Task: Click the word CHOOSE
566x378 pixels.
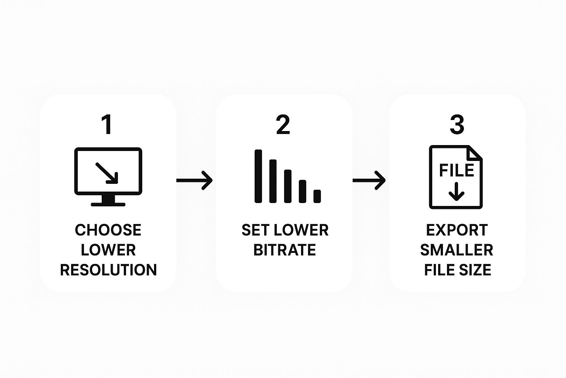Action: (108, 230)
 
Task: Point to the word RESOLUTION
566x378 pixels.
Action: (108, 270)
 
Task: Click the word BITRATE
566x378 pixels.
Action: (284, 250)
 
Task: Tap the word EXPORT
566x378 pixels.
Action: (457, 230)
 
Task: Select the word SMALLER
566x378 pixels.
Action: (457, 250)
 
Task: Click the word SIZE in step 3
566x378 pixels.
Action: (475, 270)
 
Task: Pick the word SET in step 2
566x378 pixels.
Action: (254, 230)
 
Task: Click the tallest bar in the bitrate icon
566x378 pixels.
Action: (258, 176)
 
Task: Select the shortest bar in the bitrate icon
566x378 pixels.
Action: (317, 196)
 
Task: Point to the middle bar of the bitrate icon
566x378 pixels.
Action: (288, 186)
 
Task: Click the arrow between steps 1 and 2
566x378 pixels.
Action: (194, 180)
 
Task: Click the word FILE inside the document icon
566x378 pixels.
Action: (457, 170)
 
